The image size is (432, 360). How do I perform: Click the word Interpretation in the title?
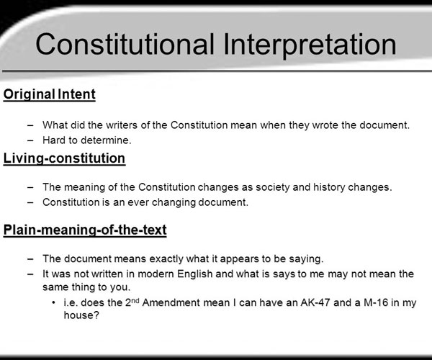point(310,45)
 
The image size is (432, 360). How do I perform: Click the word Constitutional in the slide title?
point(125,44)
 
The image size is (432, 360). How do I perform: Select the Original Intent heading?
point(49,95)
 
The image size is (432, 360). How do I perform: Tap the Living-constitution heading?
point(64,159)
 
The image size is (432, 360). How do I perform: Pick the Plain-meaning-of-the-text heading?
point(85,230)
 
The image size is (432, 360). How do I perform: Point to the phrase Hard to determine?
point(87,140)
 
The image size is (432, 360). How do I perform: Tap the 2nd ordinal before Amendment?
point(132,302)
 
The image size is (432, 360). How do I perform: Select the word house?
point(81,315)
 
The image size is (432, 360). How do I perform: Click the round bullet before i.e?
point(53,303)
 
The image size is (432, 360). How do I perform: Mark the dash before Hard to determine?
point(30,140)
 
